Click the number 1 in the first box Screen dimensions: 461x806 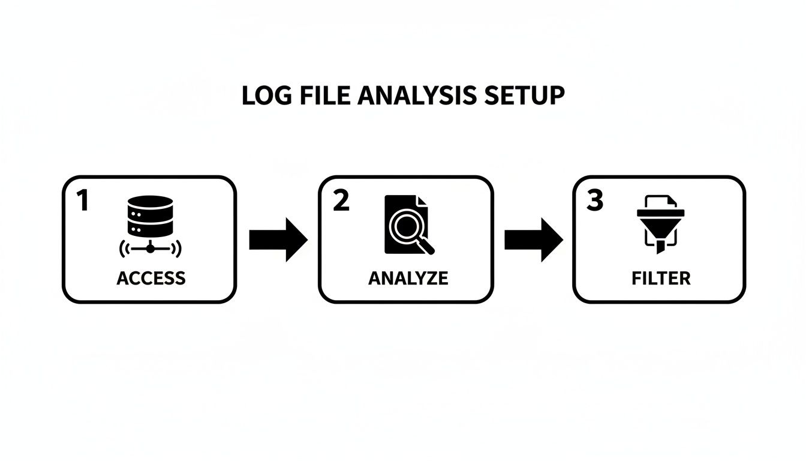83,202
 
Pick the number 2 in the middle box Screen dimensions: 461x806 340,202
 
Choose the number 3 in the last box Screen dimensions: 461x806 594,202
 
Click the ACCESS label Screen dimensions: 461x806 151,279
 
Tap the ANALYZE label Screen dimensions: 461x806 408,279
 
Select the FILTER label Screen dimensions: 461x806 661,279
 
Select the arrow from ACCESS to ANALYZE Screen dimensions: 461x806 278,240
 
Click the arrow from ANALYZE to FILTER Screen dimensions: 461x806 533,240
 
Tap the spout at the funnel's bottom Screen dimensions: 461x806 660,246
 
